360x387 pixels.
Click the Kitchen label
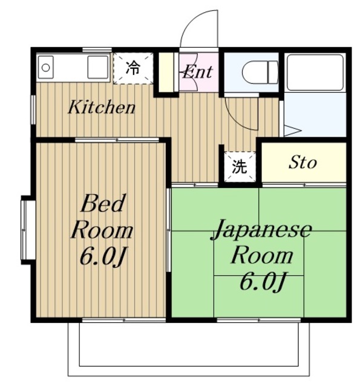pyautogui.click(x=101, y=108)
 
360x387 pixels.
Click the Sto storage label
pyautogui.click(x=303, y=162)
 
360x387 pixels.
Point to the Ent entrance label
pyautogui.click(x=197, y=73)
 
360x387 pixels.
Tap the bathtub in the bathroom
pyautogui.click(x=315, y=73)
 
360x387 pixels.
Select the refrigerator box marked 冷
pyautogui.click(x=133, y=68)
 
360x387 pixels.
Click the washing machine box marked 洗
pyautogui.click(x=240, y=166)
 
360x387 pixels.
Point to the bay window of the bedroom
pyautogui.click(x=27, y=230)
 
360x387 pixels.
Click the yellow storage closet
pyautogui.click(x=303, y=162)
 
